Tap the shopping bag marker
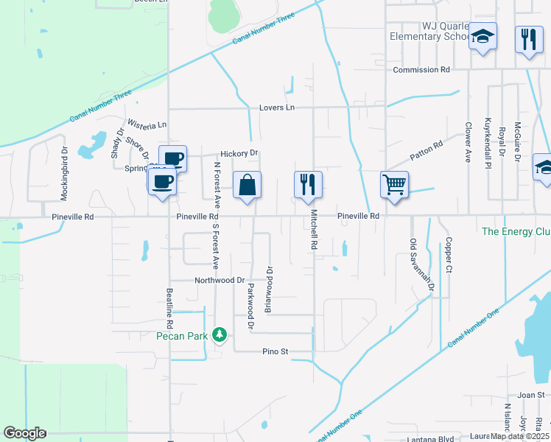click(248, 185)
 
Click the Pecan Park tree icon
click(219, 335)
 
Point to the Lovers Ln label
click(276, 108)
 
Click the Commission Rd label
click(421, 70)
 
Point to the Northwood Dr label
click(220, 280)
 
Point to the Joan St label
click(530, 395)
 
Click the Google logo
click(24, 433)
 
